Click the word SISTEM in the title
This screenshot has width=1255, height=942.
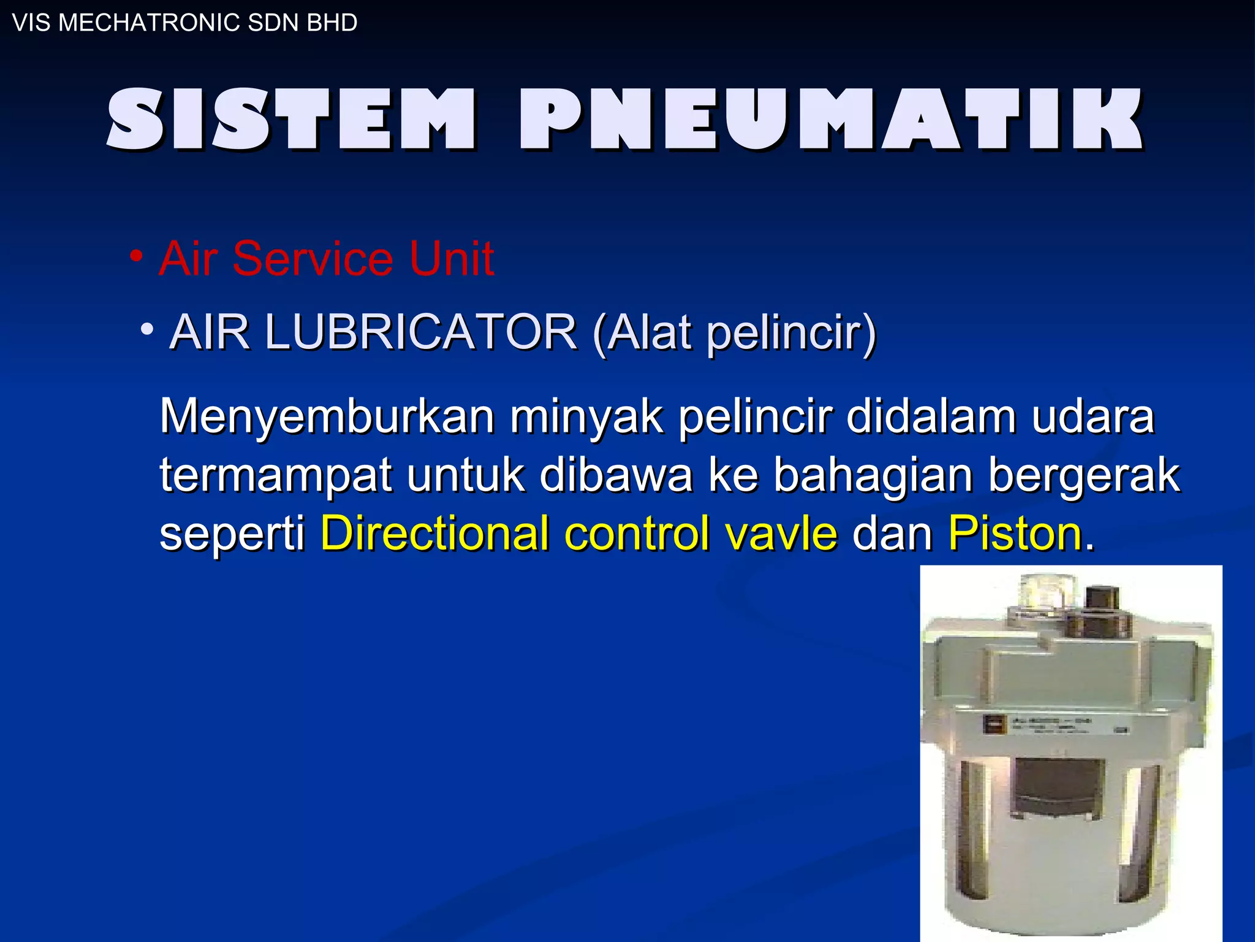pyautogui.click(x=291, y=120)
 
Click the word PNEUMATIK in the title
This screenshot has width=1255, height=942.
pyautogui.click(x=830, y=120)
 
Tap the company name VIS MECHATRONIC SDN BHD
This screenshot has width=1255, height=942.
pyautogui.click(x=184, y=23)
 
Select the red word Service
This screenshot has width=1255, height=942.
pyautogui.click(x=312, y=259)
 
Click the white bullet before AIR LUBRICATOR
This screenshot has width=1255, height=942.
pyautogui.click(x=146, y=329)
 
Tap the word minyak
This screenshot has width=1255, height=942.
pyautogui.click(x=586, y=417)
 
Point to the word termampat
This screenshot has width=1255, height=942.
pyautogui.click(x=275, y=475)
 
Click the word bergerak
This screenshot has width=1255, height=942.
pyautogui.click(x=1084, y=475)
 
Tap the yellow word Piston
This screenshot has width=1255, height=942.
pyautogui.click(x=1015, y=533)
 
